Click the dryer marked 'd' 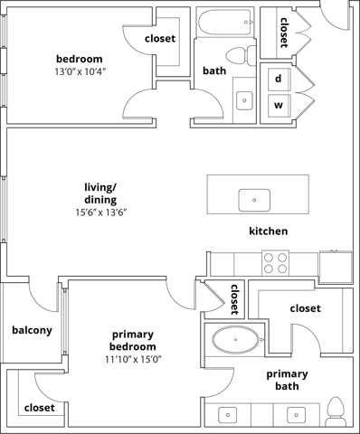click(x=279, y=78)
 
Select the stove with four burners click(x=275, y=262)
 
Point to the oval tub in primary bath click(x=234, y=341)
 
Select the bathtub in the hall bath click(x=225, y=20)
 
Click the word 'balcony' click(x=32, y=330)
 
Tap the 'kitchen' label click(x=269, y=231)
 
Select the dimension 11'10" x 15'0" click(x=133, y=359)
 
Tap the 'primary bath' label click(x=287, y=380)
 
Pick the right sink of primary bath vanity click(x=295, y=415)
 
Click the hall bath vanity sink click(x=244, y=99)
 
